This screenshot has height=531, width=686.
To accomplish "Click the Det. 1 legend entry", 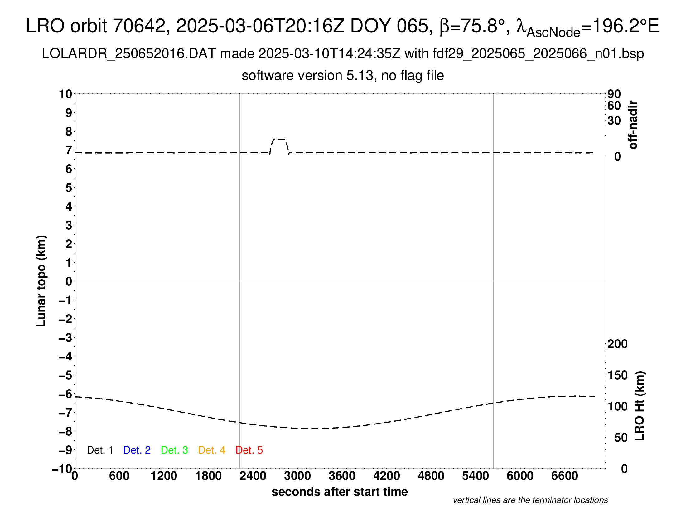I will (100, 450).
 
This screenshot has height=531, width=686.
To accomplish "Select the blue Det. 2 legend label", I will (137, 450).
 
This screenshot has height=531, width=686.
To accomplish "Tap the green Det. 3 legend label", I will (174, 450).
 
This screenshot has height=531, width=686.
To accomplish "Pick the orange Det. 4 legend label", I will (212, 450).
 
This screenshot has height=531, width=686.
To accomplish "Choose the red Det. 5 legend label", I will (249, 450).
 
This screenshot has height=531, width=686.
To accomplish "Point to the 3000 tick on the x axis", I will (297, 476).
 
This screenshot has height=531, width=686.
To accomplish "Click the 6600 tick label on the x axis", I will (564, 476).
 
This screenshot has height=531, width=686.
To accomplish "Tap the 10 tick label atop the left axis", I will (66, 94).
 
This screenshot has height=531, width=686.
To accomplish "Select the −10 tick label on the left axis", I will (62, 469).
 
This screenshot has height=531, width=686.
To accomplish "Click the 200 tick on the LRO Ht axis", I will (617, 344).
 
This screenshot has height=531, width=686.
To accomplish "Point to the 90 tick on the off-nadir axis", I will (614, 94).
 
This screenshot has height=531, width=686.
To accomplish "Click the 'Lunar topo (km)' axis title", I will (41, 281).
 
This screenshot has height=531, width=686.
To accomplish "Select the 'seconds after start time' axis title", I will (340, 492).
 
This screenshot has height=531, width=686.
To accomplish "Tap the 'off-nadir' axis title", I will (633, 125).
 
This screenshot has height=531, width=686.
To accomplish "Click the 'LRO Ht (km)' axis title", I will (640, 406).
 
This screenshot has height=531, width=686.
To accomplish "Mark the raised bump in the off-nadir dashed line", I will (279, 139).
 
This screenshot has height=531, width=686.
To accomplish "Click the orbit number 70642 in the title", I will (139, 26).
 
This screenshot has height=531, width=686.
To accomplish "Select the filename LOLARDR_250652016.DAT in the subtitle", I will (129, 54).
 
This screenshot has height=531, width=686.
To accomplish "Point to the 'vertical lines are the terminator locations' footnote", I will (530, 500).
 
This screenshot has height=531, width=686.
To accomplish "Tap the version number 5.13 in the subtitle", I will (361, 76).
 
